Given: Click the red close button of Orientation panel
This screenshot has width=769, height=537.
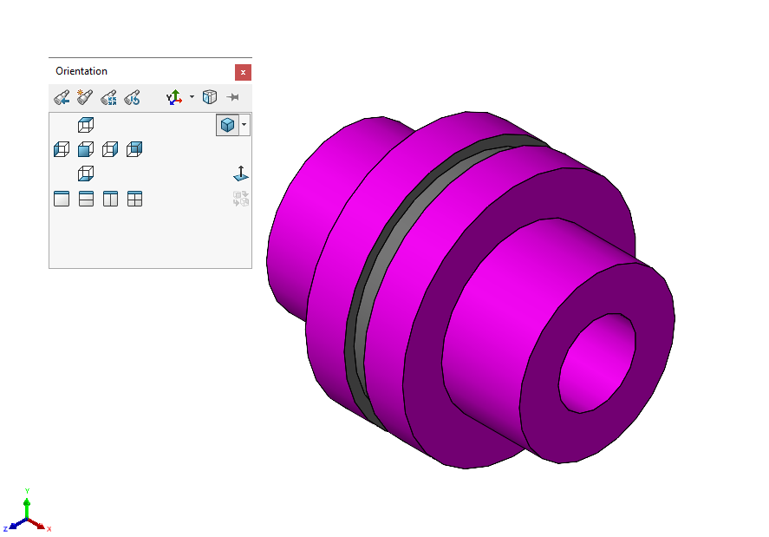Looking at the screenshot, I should tap(243, 72).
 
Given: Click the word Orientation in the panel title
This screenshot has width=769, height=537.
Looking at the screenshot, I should tap(81, 71).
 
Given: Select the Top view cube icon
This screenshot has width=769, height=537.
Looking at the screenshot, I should tap(85, 125).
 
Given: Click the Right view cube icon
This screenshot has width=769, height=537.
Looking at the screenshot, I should tap(109, 149).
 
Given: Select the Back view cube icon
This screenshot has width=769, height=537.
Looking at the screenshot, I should tap(134, 149).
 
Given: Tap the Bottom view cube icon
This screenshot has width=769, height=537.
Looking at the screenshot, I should tap(85, 174).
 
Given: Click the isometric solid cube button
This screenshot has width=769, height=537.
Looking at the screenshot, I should tap(226, 125).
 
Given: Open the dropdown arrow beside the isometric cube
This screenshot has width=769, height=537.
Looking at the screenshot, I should tap(244, 125).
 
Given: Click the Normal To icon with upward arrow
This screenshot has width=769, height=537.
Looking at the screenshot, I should tap(240, 174).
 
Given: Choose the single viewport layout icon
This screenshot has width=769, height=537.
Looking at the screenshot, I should tap(61, 199).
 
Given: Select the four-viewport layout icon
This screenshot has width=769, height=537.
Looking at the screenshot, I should tap(134, 199).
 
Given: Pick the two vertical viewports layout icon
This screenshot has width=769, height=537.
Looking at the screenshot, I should tap(110, 199).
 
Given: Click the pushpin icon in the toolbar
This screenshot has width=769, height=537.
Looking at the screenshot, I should tap(233, 97).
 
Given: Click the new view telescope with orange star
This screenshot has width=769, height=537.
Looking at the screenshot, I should tap(85, 97).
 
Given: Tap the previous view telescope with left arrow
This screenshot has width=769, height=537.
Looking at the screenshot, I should tap(62, 97).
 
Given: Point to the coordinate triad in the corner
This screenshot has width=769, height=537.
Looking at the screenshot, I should tap(27, 516).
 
